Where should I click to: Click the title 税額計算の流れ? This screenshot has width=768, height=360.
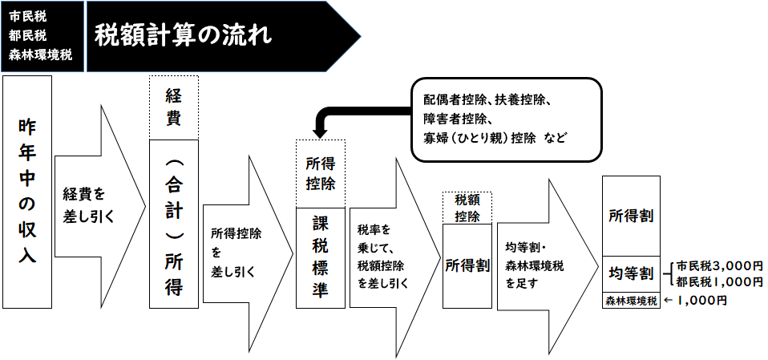(183, 35)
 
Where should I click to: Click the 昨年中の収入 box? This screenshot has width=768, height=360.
(27, 193)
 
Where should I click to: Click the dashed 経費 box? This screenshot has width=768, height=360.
(173, 107)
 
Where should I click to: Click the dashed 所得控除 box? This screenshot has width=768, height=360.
(321, 173)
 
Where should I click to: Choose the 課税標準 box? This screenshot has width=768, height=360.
(321, 257)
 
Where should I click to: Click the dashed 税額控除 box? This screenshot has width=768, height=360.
(467, 208)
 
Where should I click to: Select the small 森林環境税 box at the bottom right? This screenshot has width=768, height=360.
(630, 301)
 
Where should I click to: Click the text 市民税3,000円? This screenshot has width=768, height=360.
(718, 265)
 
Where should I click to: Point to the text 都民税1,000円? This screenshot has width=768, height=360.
(718, 281)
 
